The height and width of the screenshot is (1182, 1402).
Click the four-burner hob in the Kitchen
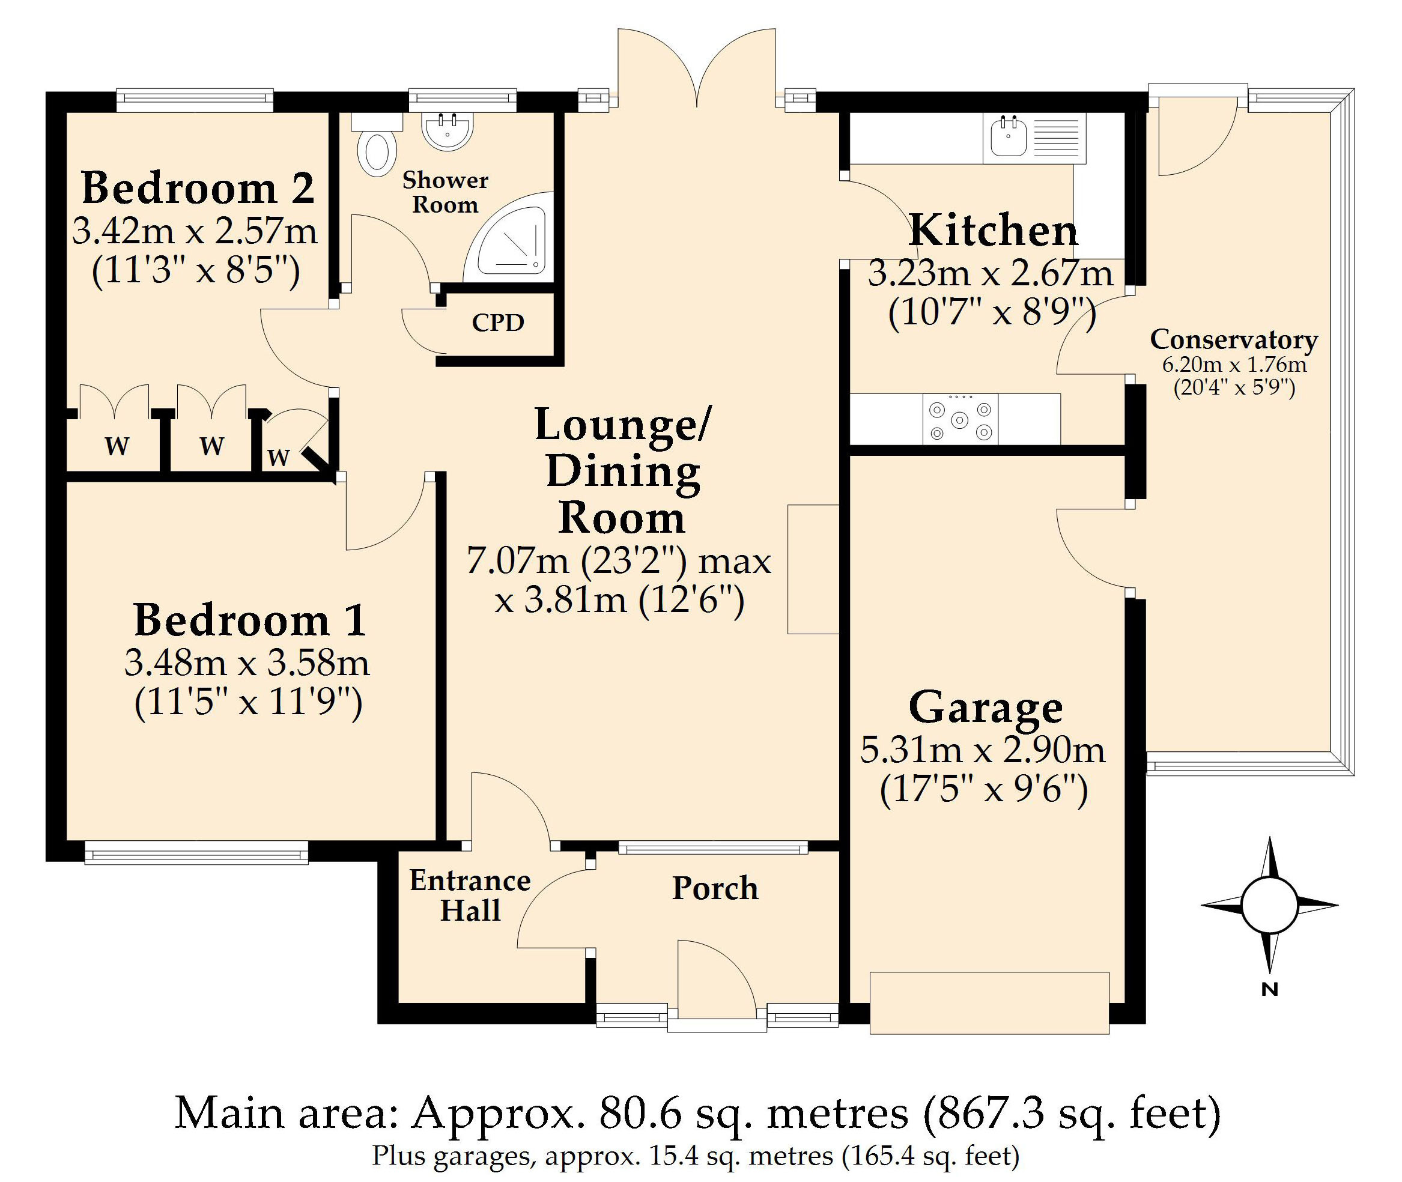click(960, 419)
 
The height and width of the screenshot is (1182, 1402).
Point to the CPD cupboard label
click(498, 323)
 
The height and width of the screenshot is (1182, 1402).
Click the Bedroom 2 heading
click(198, 188)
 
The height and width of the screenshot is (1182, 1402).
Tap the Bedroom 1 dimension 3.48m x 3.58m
click(247, 663)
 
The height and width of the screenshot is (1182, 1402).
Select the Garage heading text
click(986, 708)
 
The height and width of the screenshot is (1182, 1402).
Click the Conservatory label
click(1234, 340)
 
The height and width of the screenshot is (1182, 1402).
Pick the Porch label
click(715, 888)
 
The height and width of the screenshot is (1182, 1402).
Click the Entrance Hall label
click(470, 896)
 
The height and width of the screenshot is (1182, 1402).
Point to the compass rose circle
click(1269, 905)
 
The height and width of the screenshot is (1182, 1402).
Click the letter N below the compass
click(1270, 989)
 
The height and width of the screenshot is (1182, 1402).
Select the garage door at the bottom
click(989, 1003)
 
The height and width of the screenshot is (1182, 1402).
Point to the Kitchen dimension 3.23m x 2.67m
click(990, 274)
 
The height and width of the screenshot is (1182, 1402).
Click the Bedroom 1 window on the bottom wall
click(196, 852)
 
